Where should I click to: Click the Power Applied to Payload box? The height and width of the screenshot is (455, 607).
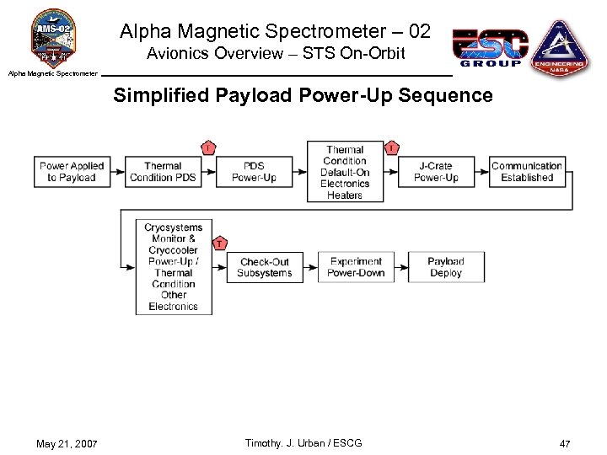point(72,172)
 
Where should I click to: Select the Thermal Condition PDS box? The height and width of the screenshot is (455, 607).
point(163,172)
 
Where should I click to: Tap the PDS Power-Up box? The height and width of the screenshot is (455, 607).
point(254,172)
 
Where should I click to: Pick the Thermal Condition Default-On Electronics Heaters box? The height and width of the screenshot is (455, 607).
point(345,172)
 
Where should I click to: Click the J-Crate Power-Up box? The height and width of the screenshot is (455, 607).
point(436,172)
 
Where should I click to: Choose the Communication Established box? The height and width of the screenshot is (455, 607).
point(527,172)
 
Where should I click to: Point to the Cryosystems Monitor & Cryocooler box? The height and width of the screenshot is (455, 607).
point(174,266)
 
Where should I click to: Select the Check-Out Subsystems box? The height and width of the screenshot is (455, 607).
point(265,267)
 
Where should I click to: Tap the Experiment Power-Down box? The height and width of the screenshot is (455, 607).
point(356,267)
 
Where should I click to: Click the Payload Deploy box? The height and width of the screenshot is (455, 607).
point(446,267)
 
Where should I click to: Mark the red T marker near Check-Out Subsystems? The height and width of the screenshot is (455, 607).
point(219,244)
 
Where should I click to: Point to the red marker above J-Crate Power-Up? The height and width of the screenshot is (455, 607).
point(392,148)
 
